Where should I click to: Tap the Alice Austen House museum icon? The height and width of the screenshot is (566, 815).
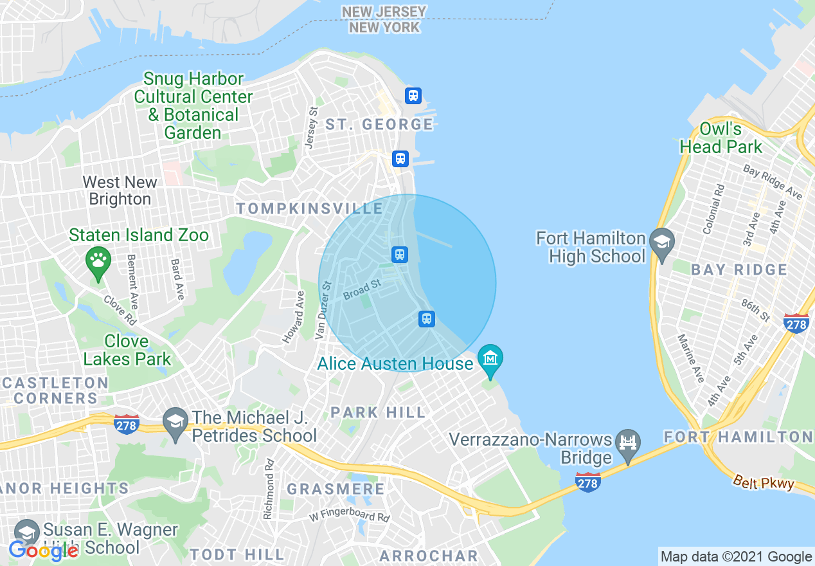(x=490, y=358)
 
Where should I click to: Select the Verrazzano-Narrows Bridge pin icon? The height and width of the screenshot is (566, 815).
(x=628, y=443)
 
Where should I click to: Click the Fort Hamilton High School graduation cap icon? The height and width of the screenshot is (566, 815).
(x=661, y=242)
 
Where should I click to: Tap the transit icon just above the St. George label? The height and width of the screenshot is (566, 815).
(x=413, y=96)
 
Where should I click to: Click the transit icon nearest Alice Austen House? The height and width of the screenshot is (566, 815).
(x=426, y=318)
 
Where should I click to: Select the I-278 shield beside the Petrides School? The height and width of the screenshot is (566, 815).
(x=127, y=424)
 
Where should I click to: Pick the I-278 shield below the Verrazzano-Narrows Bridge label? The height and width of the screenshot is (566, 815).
(x=589, y=482)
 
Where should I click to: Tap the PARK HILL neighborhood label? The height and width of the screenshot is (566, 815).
(x=378, y=412)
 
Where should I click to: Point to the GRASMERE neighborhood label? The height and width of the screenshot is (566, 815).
(x=336, y=489)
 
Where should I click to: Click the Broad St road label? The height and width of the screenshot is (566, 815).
(x=362, y=289)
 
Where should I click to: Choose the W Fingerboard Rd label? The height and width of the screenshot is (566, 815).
(x=349, y=516)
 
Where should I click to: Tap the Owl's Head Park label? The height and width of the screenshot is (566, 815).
(x=721, y=138)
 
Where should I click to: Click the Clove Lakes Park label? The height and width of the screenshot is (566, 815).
(x=127, y=350)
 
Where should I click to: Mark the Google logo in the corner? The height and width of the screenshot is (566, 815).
(x=44, y=550)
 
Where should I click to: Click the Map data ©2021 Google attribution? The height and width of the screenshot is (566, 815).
(x=736, y=557)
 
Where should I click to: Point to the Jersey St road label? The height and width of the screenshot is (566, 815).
(x=312, y=129)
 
